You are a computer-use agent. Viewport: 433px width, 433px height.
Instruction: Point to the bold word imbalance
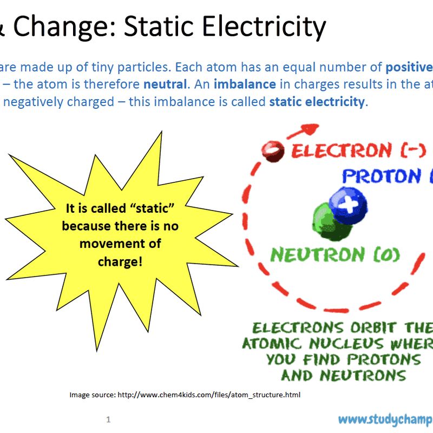245,84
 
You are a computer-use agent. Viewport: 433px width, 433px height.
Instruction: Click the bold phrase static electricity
317,102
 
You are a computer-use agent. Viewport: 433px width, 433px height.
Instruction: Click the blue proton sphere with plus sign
348,206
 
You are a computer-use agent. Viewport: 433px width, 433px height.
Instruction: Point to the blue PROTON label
382,176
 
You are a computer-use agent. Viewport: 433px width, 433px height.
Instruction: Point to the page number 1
108,419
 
